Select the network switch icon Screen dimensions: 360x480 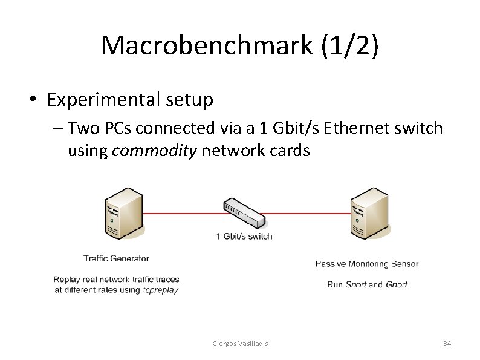[x=244, y=212]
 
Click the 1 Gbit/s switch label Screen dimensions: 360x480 [x=244, y=236]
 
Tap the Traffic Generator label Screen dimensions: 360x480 [x=116, y=258]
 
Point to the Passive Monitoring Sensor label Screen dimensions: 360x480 [x=367, y=263]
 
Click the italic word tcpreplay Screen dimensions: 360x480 [x=161, y=290]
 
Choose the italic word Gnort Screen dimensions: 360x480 [x=397, y=284]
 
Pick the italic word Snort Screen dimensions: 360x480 [x=355, y=284]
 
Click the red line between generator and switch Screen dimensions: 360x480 [x=181, y=213]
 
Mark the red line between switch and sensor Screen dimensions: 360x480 [x=308, y=213]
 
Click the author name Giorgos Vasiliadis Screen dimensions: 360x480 [x=241, y=344]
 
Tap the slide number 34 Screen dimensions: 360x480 [x=447, y=344]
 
